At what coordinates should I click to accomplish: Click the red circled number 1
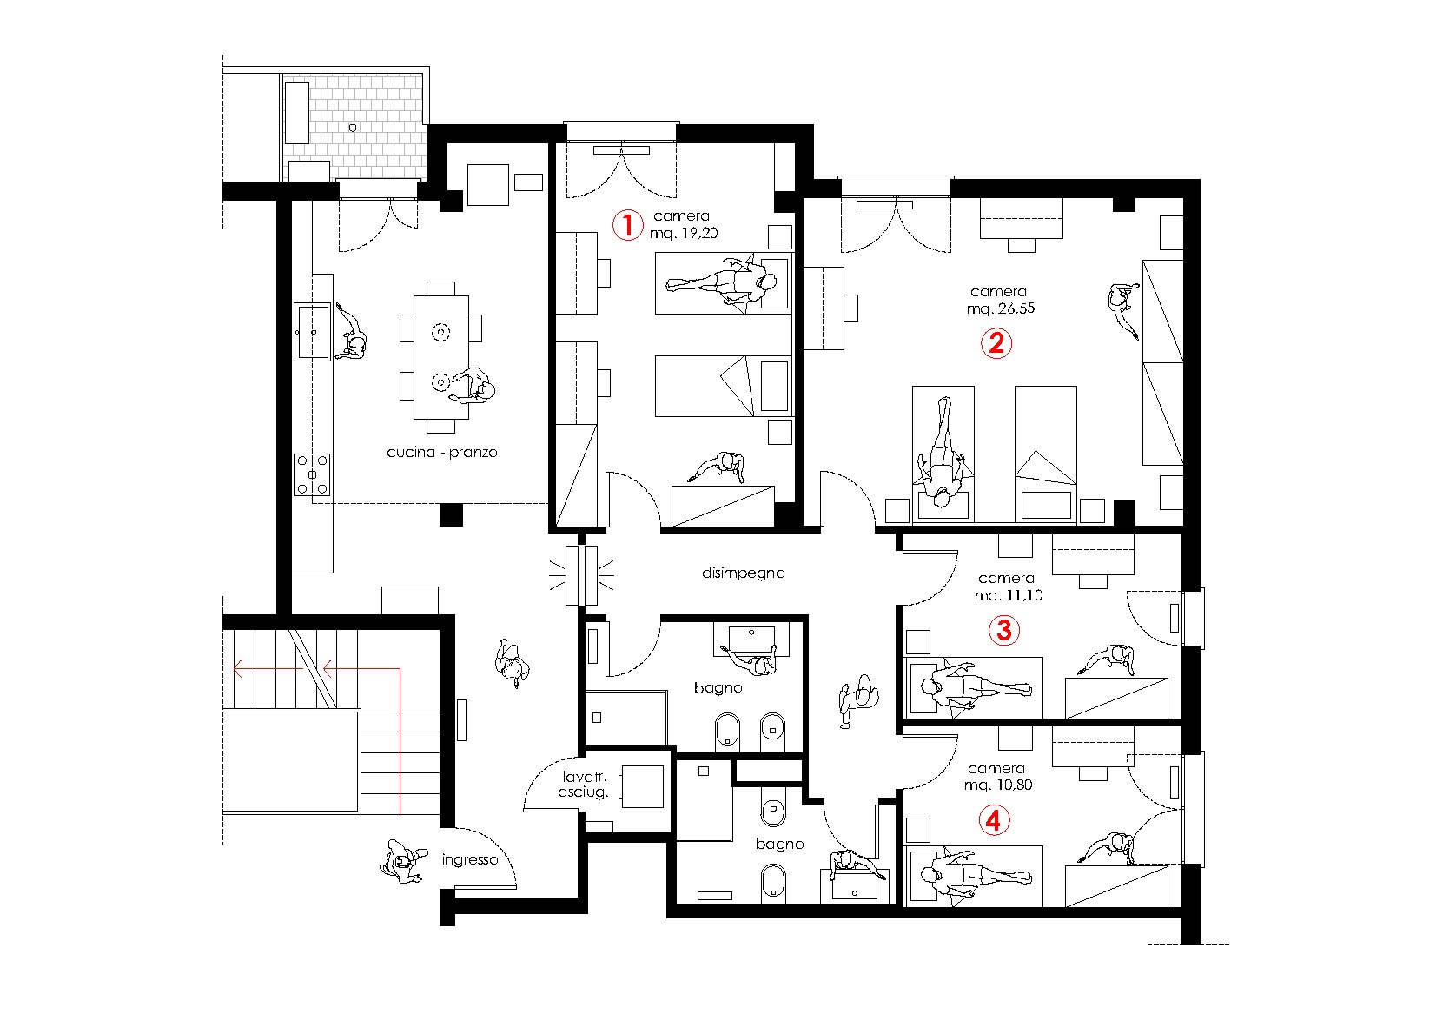tap(627, 225)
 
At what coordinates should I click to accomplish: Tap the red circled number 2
tap(996, 343)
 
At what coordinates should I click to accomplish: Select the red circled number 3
tap(1004, 630)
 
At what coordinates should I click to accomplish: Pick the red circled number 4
tap(994, 820)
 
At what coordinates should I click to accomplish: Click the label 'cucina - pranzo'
tap(441, 452)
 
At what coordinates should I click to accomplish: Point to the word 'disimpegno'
tap(743, 573)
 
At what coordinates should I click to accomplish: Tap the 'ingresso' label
tap(470, 859)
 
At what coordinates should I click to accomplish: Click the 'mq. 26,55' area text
tap(1000, 308)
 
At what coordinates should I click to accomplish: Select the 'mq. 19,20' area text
tap(684, 233)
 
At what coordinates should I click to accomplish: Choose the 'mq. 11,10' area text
tap(1009, 595)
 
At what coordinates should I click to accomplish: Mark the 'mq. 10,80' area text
tap(998, 785)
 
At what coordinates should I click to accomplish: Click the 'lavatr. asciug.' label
tap(583, 785)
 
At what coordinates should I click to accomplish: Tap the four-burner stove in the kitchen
tap(312, 474)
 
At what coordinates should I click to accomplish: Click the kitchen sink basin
tap(312, 331)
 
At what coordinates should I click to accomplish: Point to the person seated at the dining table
tap(473, 386)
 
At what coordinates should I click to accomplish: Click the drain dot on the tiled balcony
tap(352, 129)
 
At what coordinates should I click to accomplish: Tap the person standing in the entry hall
tap(513, 663)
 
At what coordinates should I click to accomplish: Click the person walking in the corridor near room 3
tap(858, 699)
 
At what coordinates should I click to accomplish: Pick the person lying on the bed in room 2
tap(942, 453)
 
